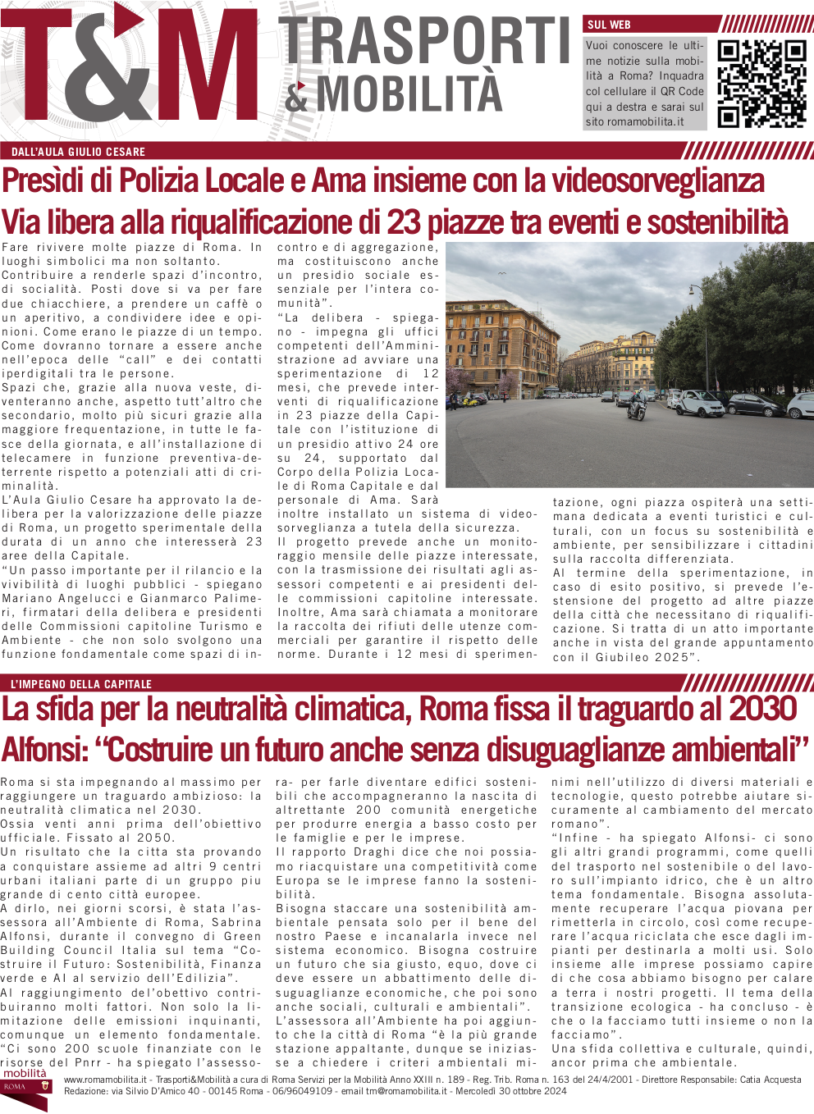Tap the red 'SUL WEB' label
[609, 25]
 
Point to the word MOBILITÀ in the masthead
[409, 94]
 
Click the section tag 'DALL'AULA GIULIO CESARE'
[78, 152]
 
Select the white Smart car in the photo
[700, 403]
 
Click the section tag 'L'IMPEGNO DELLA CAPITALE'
[81, 684]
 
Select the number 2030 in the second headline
[762, 709]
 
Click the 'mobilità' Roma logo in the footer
[25, 1081]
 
